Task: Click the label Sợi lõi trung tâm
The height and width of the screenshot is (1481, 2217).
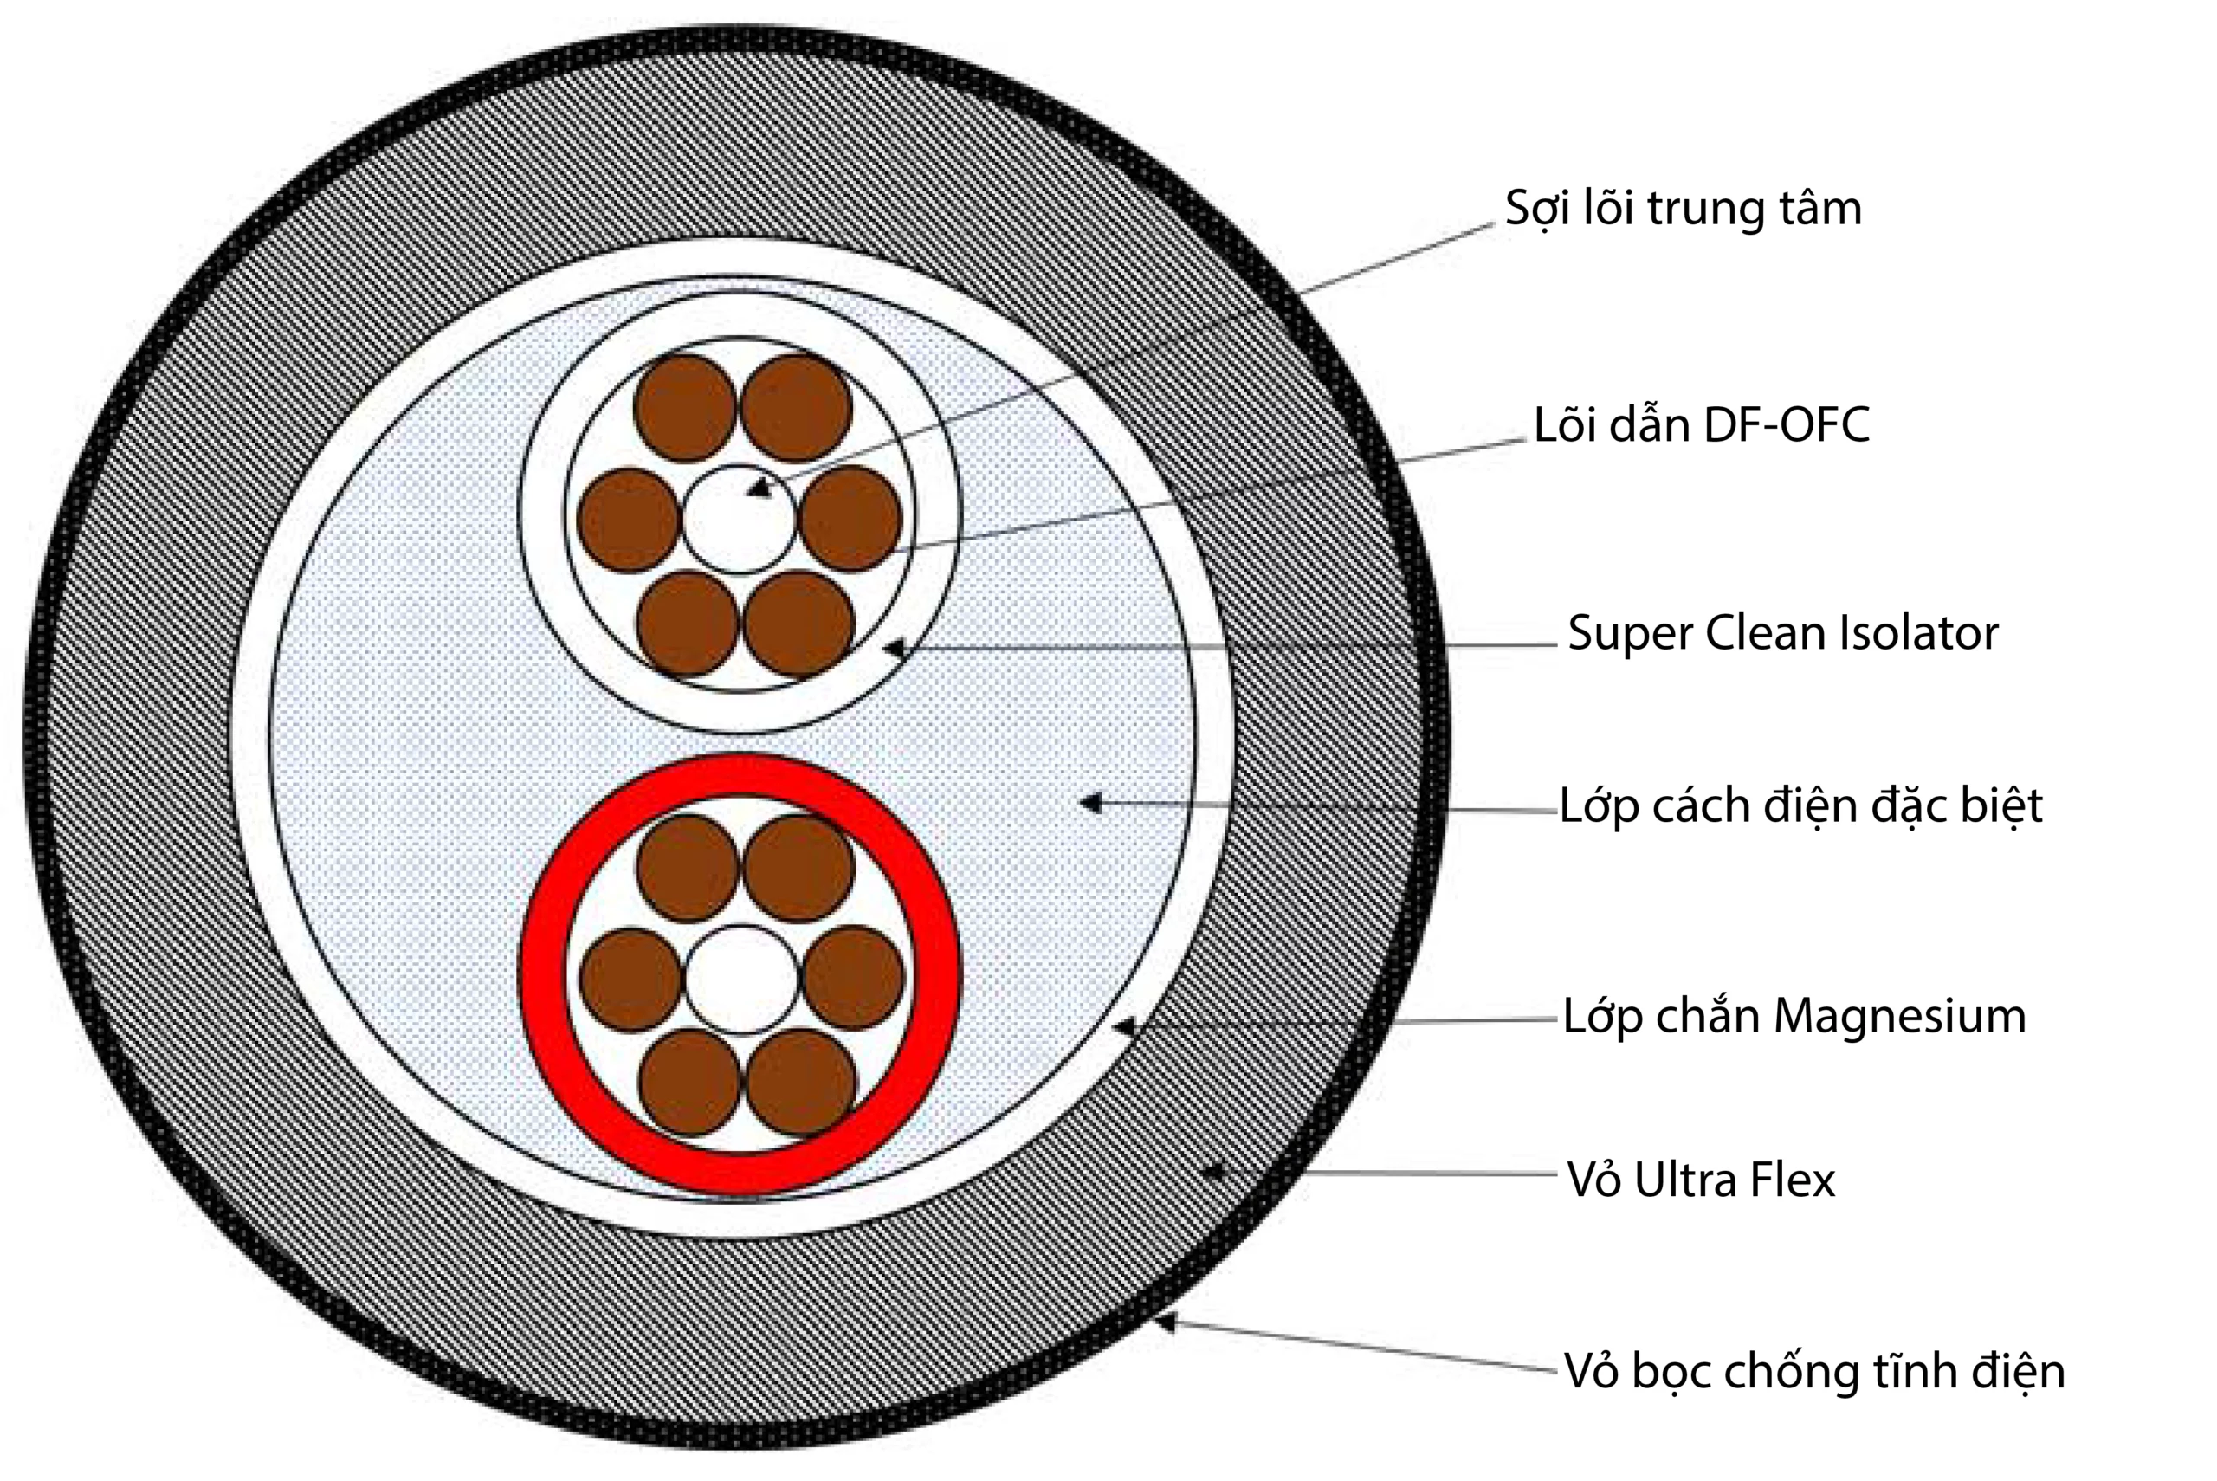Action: (x=1683, y=209)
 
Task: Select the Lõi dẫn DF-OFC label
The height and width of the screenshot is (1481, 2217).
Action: (x=1701, y=426)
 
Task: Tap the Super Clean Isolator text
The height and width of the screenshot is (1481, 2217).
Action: (x=1782, y=633)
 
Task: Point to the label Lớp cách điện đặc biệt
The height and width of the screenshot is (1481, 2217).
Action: (x=1800, y=806)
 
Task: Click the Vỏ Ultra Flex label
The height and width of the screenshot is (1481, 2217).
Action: (x=1701, y=1180)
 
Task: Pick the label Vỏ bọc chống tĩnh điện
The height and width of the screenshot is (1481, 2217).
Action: (x=1813, y=1371)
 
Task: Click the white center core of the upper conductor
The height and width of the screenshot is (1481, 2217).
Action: (x=740, y=519)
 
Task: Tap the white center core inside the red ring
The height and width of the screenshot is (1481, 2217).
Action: (x=741, y=980)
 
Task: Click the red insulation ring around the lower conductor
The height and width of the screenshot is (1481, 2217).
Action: (x=542, y=973)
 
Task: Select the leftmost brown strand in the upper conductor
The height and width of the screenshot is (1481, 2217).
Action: (x=629, y=519)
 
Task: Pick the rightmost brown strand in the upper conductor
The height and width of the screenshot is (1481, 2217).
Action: (x=850, y=519)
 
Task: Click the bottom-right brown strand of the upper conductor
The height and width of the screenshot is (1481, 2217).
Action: (x=798, y=624)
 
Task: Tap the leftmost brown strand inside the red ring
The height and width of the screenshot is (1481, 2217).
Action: (x=630, y=980)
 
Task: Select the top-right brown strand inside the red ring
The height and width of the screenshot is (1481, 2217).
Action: (x=798, y=868)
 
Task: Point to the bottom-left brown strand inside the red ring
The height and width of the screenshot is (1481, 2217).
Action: (x=689, y=1082)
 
